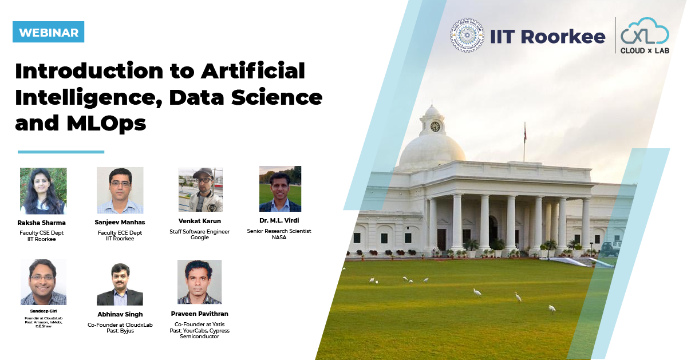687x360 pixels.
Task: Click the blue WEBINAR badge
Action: click(x=49, y=32)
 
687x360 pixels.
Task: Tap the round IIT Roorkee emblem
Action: click(x=467, y=35)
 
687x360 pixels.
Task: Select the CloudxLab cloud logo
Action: click(x=645, y=35)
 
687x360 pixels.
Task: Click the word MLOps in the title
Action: click(x=106, y=124)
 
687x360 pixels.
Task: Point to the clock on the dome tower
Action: click(x=435, y=126)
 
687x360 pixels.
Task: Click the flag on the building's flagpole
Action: click(x=525, y=133)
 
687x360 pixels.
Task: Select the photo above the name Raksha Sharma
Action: click(x=44, y=191)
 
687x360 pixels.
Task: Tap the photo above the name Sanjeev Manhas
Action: click(x=120, y=191)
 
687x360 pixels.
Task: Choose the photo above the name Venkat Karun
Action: click(x=200, y=189)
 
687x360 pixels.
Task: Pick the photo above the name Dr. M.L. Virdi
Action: click(x=280, y=189)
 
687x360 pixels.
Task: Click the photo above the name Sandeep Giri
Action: click(x=44, y=282)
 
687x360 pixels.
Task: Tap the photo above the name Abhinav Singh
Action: click(x=120, y=284)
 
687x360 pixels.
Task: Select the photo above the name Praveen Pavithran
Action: click(x=199, y=282)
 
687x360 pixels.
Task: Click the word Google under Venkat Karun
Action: click(x=200, y=238)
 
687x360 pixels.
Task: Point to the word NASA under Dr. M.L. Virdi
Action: click(x=279, y=238)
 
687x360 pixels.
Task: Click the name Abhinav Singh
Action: click(x=120, y=314)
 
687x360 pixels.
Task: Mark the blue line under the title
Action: click(x=61, y=152)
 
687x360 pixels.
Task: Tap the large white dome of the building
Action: click(x=432, y=151)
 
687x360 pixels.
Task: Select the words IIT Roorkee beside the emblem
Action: click(x=548, y=37)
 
